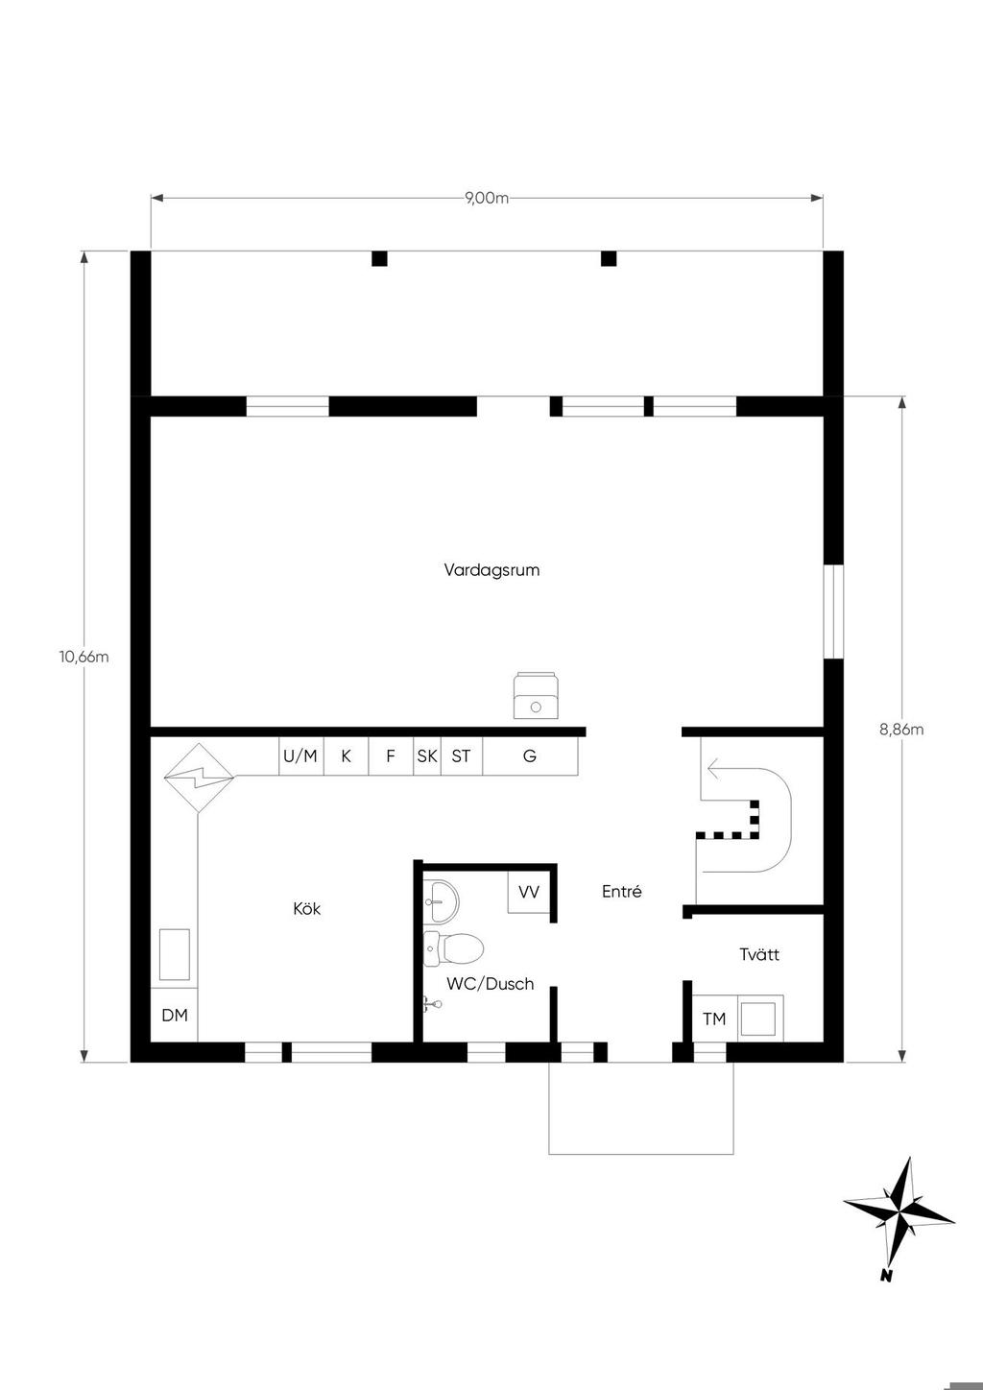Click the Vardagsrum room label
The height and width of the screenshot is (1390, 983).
491,570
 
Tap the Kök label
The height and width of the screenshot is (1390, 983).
306,908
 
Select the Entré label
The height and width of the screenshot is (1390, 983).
621,891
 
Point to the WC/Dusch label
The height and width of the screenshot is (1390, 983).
491,984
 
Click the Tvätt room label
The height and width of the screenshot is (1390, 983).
759,954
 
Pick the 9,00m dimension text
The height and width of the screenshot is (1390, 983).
487,198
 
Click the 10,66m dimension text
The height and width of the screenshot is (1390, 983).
84,657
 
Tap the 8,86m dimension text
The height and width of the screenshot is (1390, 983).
901,730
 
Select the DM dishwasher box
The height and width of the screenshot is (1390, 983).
175,1016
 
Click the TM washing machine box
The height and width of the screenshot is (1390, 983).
714,1019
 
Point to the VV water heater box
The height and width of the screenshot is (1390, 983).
529,893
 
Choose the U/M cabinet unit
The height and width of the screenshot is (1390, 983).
301,755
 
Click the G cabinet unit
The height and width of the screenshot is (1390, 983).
530,755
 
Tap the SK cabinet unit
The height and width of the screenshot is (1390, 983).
427,755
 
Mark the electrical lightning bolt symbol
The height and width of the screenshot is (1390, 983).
199,778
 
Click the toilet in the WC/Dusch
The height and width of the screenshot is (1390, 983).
454,948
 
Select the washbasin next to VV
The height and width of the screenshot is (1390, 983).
442,901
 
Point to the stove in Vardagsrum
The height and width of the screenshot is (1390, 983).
537,696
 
